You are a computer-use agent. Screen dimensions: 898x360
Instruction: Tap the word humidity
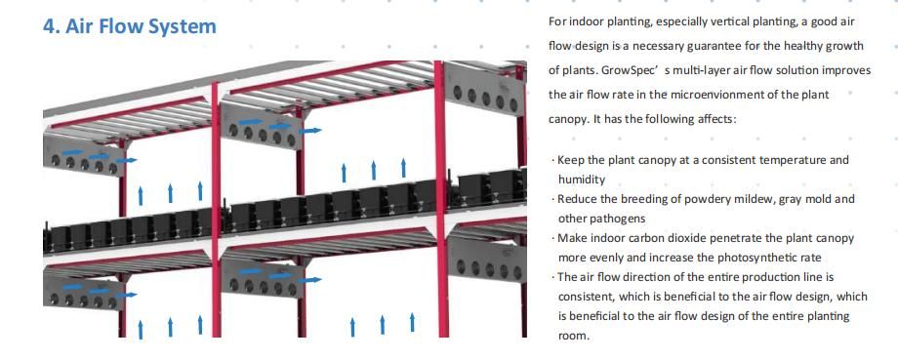point(582,180)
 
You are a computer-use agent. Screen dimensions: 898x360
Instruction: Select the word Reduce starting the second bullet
point(578,199)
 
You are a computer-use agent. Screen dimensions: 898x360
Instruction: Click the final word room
point(573,336)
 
